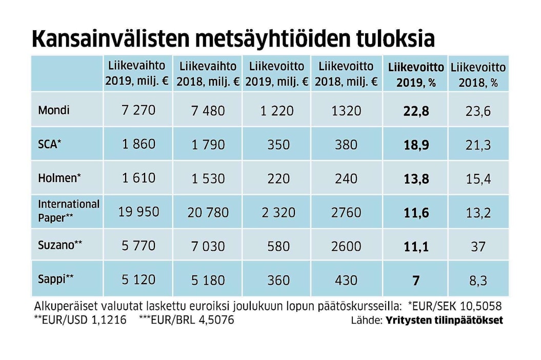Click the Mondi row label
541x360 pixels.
coord(53,110)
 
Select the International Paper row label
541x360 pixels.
coord(69,211)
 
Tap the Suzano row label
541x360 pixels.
coord(60,245)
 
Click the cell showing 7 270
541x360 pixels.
coord(138,110)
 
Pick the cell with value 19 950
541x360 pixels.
coord(138,211)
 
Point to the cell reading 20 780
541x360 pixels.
coord(208,212)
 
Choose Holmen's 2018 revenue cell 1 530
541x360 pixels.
coord(208,178)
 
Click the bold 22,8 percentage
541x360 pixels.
coord(416,111)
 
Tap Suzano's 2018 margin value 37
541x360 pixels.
coord(478,247)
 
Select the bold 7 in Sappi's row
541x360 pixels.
coord(416,281)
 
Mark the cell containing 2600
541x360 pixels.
coord(346,246)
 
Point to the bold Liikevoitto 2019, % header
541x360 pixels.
coord(416,75)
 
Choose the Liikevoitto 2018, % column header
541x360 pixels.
coord(478,75)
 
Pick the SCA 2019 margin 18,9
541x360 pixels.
coord(416,145)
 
